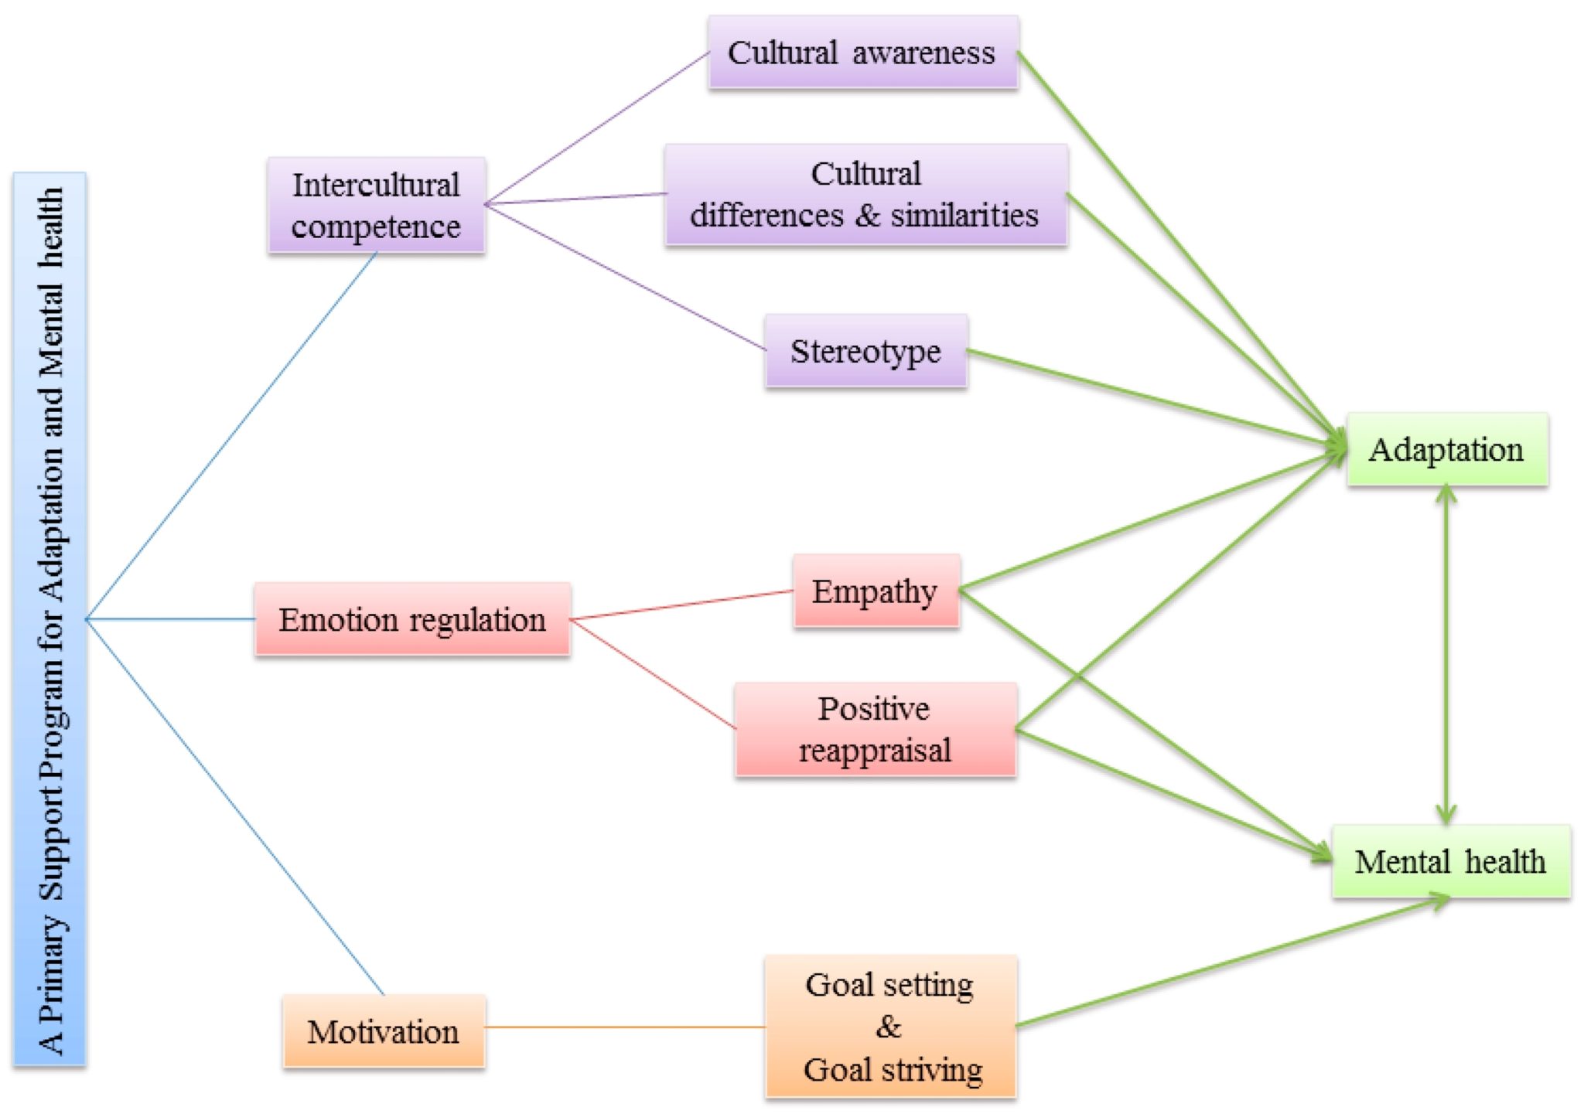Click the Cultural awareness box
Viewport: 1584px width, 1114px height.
862,53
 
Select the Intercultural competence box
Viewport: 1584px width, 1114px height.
376,206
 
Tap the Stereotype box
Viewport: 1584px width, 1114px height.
865,351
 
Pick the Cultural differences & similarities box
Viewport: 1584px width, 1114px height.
865,195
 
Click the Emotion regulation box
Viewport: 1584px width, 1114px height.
412,620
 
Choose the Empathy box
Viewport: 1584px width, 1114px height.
876,591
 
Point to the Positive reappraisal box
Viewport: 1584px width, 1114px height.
875,730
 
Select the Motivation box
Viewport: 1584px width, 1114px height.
384,1032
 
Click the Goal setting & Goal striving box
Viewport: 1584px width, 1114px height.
890,1027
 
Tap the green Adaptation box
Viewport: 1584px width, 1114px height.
1446,450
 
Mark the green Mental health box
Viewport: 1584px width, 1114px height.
1450,862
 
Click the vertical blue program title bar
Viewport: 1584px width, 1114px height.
49,619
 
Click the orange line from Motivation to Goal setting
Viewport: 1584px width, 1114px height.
625,1027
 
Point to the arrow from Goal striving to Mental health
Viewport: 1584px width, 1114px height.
1230,963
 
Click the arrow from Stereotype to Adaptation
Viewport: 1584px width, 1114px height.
1152,399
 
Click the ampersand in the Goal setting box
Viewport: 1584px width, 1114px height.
889,1027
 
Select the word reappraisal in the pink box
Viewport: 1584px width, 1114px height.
875,751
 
